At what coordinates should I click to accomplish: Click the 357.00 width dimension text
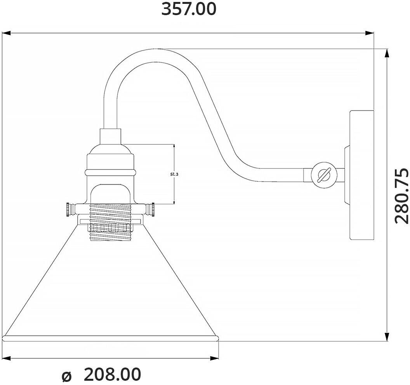coord(189,9)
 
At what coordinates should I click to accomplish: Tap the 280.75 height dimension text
coord(401,196)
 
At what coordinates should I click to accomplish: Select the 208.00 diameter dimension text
coord(113,374)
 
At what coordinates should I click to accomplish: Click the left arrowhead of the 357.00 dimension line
coord(6,33)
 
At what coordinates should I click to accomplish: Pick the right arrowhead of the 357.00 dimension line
coord(370,33)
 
